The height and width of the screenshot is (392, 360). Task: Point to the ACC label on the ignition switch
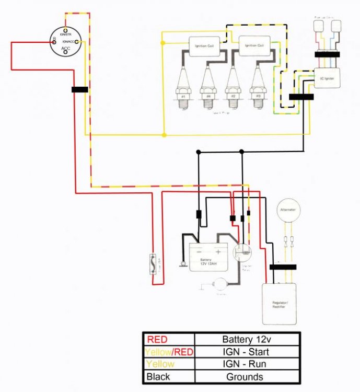[x=66, y=49]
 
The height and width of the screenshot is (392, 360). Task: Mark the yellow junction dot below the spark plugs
[x=164, y=135]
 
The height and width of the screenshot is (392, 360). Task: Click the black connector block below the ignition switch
[x=80, y=89]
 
